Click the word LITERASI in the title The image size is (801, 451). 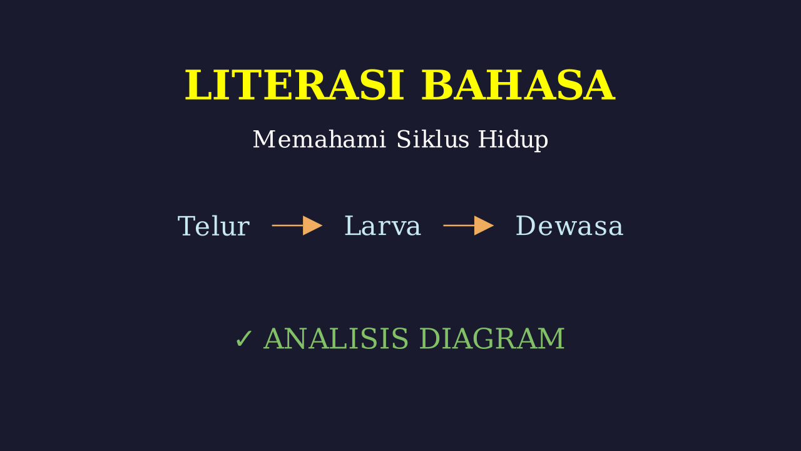[x=294, y=85]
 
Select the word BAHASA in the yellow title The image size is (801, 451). [x=518, y=85]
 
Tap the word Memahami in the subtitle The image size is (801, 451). [x=319, y=139]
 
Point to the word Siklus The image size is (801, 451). [x=432, y=139]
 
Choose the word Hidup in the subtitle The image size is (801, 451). [x=513, y=140]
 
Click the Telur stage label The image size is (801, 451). [x=213, y=226]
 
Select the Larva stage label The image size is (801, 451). [x=382, y=226]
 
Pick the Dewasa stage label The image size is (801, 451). [x=569, y=226]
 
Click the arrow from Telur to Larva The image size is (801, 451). [x=297, y=225]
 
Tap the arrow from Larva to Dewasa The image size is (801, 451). [x=469, y=225]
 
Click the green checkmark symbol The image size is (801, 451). [x=243, y=339]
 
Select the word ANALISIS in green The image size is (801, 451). [x=336, y=338]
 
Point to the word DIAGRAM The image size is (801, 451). [x=492, y=338]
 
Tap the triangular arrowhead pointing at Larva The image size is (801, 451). [x=312, y=225]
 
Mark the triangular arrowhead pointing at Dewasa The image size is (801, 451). [x=484, y=225]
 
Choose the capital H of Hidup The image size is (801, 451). [x=488, y=139]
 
